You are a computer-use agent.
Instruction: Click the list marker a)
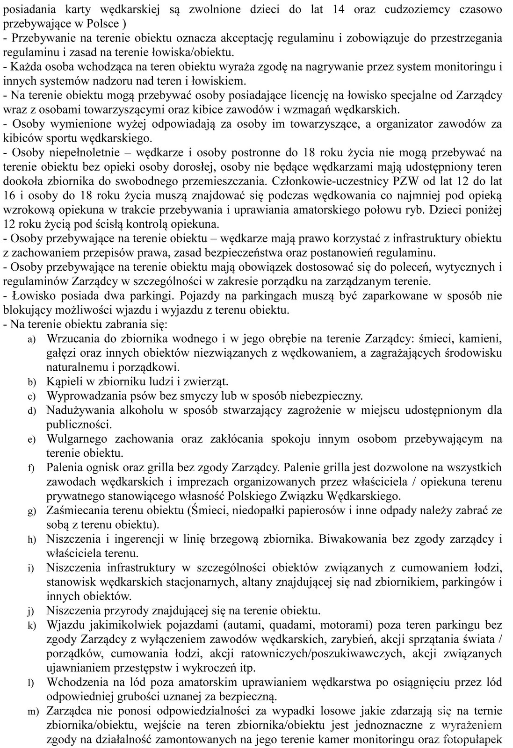31,339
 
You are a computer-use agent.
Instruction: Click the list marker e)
31,440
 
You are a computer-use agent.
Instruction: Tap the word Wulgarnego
77,439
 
